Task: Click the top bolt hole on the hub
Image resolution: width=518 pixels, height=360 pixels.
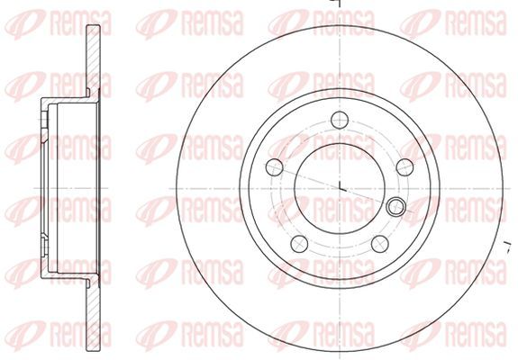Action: [x=340, y=120]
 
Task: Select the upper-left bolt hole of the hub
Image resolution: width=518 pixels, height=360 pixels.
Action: [x=275, y=167]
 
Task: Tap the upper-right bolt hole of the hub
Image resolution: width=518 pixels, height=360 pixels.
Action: [x=404, y=167]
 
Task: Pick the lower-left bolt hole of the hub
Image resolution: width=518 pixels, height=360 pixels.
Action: [x=299, y=244]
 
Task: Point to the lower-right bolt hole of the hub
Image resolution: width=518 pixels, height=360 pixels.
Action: [x=380, y=244]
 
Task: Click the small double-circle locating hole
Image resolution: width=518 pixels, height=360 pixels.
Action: [x=395, y=207]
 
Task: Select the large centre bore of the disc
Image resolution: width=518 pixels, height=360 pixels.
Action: [x=340, y=189]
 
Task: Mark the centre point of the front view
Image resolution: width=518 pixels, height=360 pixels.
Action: [x=340, y=189]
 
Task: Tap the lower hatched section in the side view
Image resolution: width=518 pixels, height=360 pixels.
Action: [x=93, y=315]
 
